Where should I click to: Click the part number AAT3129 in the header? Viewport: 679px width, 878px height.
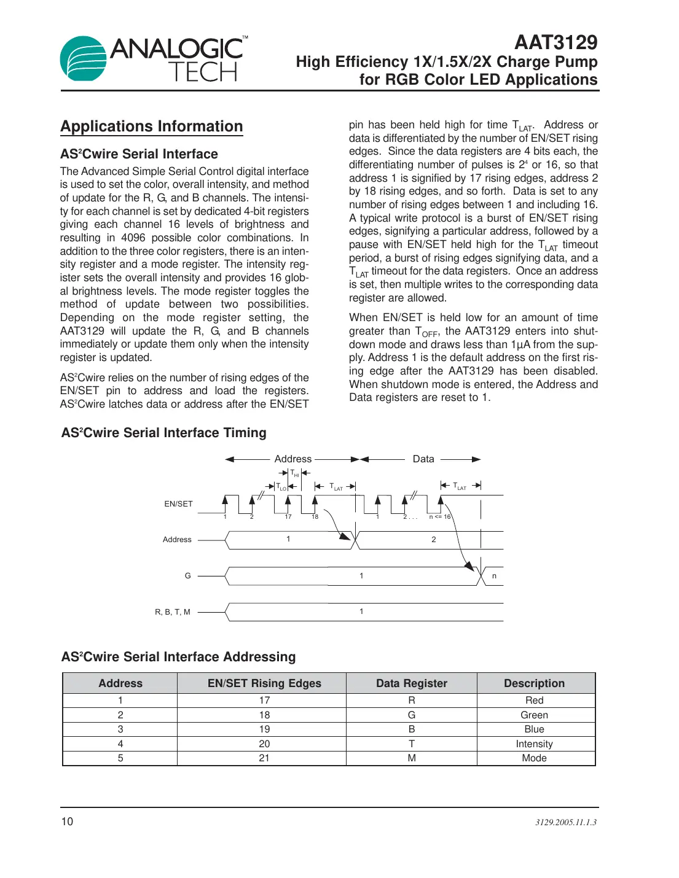click(555, 42)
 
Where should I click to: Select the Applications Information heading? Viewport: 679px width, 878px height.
click(152, 126)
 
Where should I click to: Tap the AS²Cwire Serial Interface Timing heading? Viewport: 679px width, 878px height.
click(163, 433)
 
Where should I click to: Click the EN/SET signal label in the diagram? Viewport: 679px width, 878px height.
click(178, 504)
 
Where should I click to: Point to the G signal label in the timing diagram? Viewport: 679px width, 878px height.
click(188, 576)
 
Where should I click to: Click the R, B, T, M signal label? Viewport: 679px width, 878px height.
click(173, 612)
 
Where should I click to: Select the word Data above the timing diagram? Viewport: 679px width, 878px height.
click(423, 459)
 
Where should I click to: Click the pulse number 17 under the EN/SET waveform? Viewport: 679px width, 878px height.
click(288, 517)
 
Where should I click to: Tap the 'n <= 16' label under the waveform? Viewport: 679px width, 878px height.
click(440, 517)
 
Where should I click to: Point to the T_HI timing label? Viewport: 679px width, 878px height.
click(294, 473)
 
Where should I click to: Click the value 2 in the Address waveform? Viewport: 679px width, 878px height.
click(434, 540)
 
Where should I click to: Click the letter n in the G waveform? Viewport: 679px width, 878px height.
click(494, 576)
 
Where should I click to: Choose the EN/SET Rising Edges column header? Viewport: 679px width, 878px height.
click(264, 683)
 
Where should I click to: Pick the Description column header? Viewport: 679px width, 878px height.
click(534, 683)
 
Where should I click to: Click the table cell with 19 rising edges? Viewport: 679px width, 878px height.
click(264, 729)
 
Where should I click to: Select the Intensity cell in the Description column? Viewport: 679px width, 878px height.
click(534, 744)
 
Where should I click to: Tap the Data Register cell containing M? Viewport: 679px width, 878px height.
click(412, 758)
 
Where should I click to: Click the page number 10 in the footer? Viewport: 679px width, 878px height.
click(67, 822)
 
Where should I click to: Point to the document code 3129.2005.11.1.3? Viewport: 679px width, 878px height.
click(565, 822)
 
